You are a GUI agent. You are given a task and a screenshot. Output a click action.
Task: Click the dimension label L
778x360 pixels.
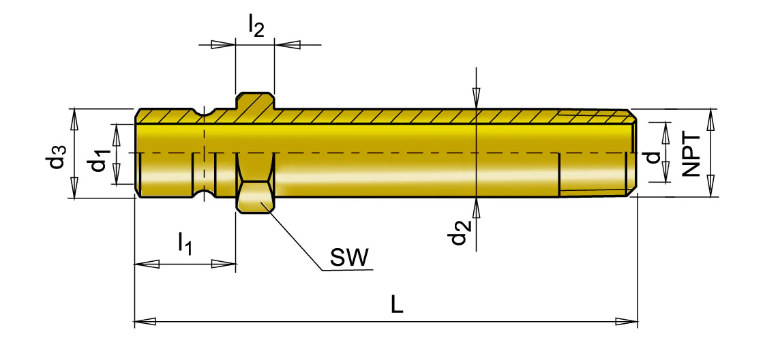tap(396, 305)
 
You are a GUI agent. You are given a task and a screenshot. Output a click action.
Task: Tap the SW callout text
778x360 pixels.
tap(350, 258)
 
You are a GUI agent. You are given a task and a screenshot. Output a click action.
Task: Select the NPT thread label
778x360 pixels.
tap(690, 154)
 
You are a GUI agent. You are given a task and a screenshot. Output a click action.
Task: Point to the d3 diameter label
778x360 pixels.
tap(58, 155)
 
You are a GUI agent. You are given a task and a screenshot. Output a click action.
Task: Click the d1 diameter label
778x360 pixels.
tap(100, 158)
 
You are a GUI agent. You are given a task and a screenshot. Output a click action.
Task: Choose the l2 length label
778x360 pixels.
tap(255, 27)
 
